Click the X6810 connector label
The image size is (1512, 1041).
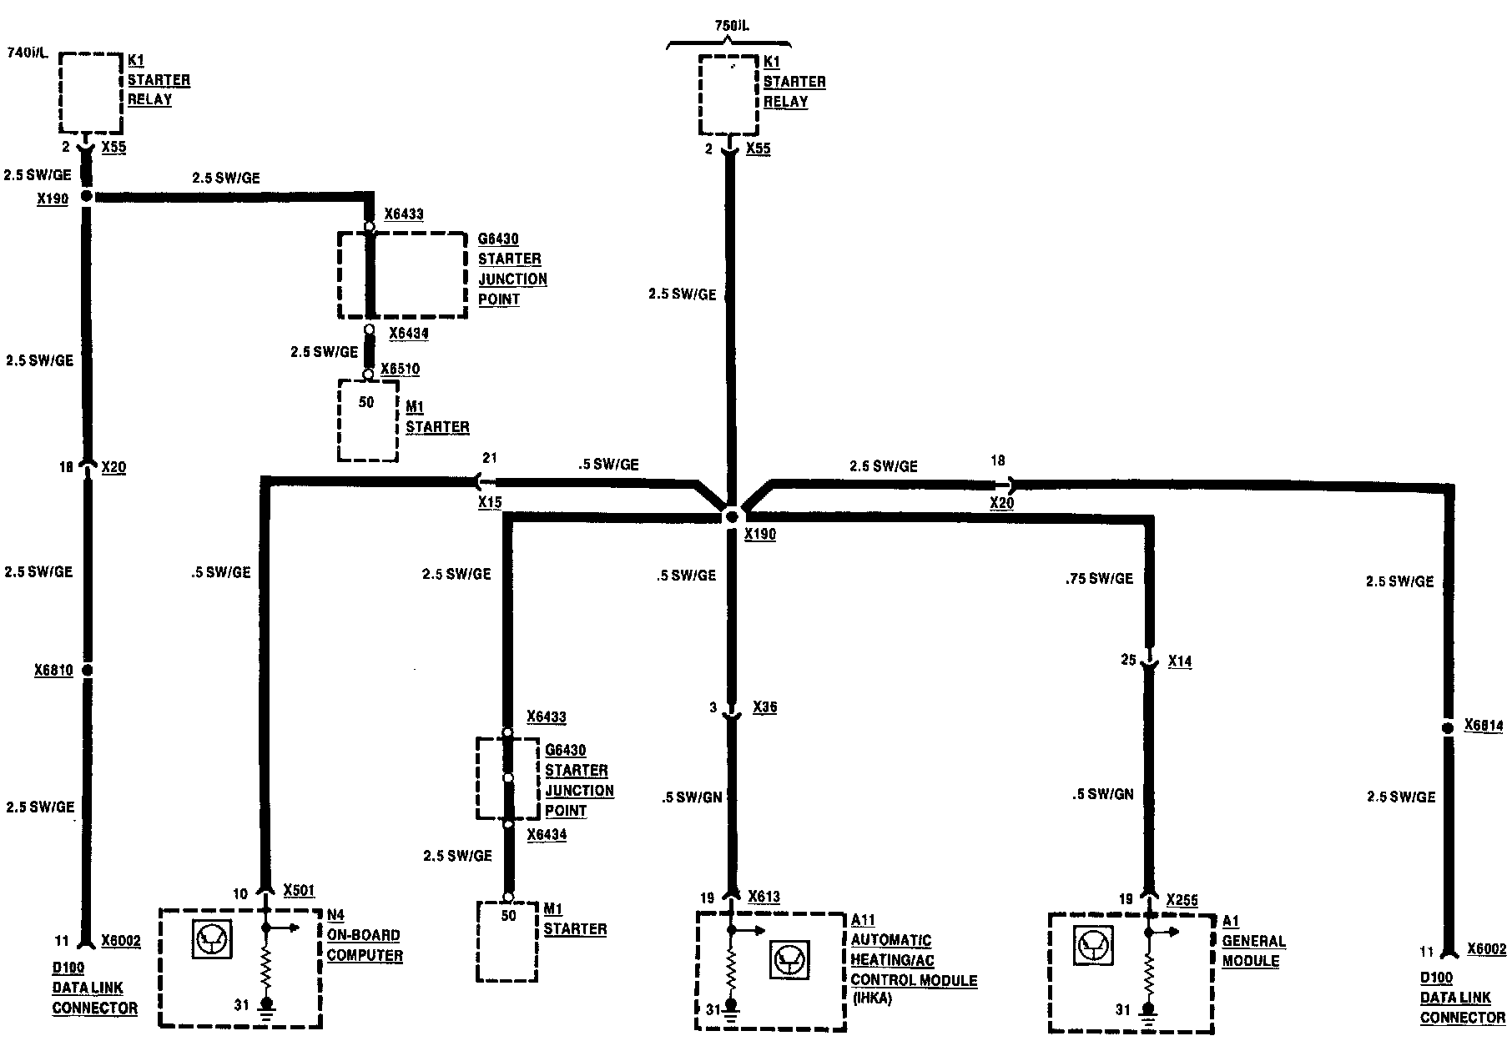tap(53, 670)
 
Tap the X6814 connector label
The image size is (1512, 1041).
tap(1484, 726)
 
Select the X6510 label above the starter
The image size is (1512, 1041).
tap(401, 370)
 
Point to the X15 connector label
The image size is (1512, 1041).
tap(490, 502)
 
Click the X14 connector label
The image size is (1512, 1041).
tap(1180, 661)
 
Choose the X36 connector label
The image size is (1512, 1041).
tap(764, 707)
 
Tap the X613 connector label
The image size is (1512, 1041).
tap(764, 897)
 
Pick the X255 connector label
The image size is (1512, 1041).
tap(1182, 900)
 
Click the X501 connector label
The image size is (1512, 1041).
tap(299, 890)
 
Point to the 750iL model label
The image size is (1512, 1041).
tap(732, 26)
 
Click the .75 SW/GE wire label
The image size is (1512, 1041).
tap(1099, 578)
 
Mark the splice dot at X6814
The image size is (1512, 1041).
tap(1448, 727)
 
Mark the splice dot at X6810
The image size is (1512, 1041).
tap(86, 670)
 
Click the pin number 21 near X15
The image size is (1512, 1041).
tap(490, 458)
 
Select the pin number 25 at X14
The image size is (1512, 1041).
tap(1128, 660)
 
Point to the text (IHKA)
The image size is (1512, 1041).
tap(871, 998)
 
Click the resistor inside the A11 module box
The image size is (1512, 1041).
tap(731, 969)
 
